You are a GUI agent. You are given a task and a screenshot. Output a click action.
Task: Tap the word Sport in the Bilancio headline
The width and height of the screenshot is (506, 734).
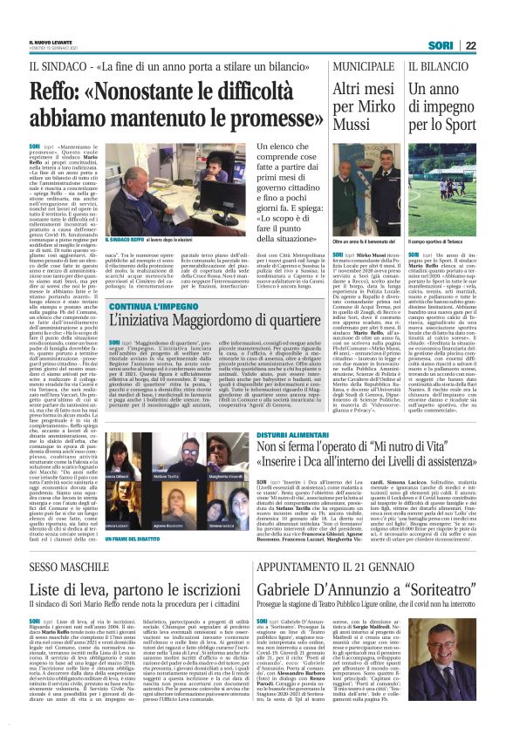(x=458, y=132)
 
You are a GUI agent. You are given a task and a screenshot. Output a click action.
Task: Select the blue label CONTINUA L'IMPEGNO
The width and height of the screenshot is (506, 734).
(x=156, y=308)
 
